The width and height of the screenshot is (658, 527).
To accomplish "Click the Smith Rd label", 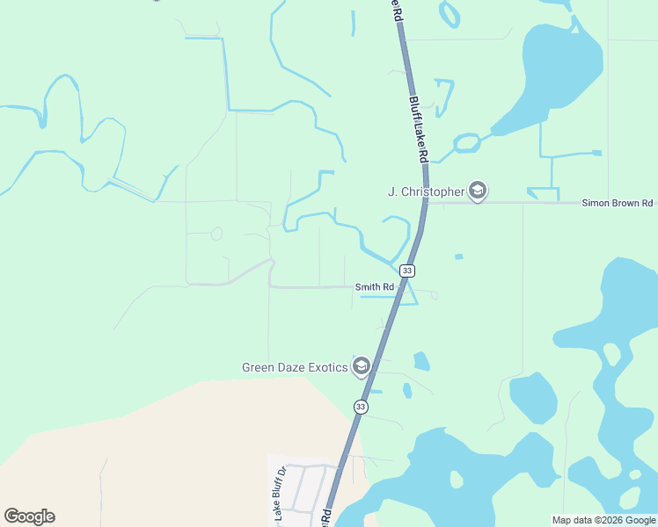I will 373,286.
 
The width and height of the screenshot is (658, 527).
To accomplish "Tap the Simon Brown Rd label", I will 617,203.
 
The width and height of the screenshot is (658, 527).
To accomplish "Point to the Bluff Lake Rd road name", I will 418,127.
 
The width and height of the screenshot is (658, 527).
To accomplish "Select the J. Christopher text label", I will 426,191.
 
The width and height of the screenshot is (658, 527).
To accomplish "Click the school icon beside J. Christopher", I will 478,191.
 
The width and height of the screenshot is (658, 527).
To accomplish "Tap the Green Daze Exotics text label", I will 295,367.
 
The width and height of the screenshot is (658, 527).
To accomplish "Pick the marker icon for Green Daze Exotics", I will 361,366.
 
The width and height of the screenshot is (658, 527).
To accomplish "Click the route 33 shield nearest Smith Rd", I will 406,271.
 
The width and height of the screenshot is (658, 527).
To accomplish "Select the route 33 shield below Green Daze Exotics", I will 361,407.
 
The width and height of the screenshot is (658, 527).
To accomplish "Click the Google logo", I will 29,516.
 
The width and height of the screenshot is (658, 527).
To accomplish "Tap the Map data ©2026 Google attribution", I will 603,520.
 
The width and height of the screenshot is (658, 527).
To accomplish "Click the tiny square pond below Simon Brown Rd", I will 458,256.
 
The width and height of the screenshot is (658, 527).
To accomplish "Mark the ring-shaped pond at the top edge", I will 450,13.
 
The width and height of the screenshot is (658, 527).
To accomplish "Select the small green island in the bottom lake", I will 457,480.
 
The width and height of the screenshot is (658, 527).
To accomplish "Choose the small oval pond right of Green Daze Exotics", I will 421,360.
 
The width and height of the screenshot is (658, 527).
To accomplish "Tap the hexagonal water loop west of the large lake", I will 466,141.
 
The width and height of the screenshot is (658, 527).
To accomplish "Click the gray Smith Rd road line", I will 308,286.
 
